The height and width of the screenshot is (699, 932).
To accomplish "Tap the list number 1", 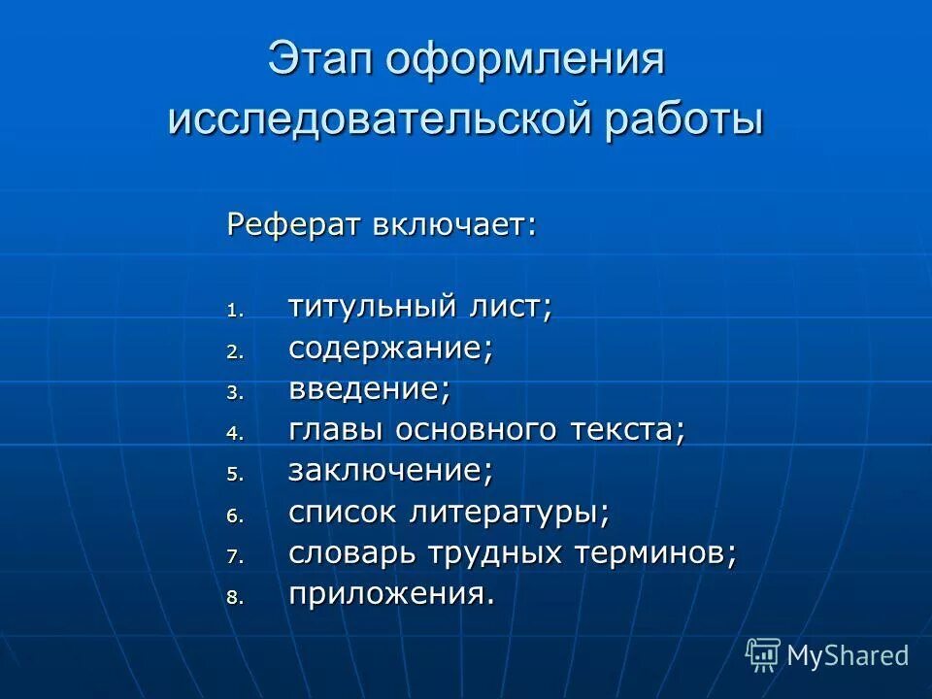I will [x=232, y=312].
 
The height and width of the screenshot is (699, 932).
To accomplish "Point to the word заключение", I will [x=388, y=471].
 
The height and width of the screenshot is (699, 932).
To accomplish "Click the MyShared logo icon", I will [x=763, y=655].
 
